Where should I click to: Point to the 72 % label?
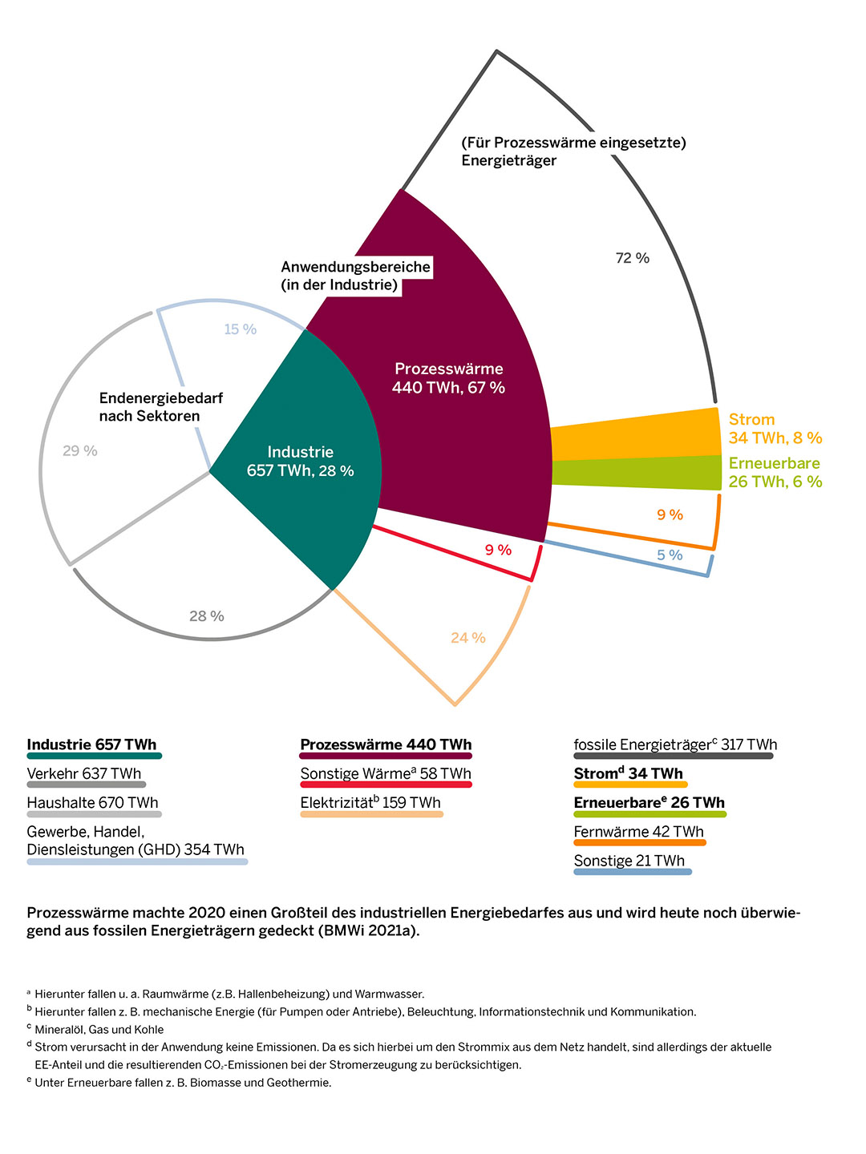click(x=632, y=258)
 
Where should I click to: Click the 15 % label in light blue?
click(x=240, y=329)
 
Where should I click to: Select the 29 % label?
click(x=80, y=451)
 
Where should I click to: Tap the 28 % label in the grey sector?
click(x=207, y=616)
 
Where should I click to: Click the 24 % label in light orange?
click(x=468, y=638)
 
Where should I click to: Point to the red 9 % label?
click(x=498, y=551)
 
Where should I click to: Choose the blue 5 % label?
click(x=670, y=555)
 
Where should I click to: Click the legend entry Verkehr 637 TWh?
click(x=84, y=774)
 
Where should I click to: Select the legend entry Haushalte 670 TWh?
click(x=93, y=803)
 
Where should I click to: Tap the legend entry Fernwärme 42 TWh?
click(x=639, y=832)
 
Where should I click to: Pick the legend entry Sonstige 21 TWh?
click(x=629, y=861)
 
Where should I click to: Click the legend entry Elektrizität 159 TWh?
click(x=370, y=803)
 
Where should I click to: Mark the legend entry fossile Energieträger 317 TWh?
click(x=675, y=745)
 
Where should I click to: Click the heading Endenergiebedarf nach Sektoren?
click(x=160, y=407)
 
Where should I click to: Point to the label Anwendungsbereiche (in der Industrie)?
click(x=355, y=276)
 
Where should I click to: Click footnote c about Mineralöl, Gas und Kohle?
click(x=99, y=1030)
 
